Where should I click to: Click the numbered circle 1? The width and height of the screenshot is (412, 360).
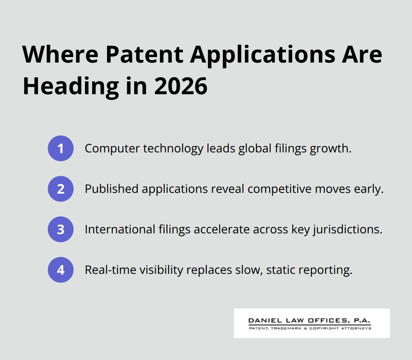pyautogui.click(x=61, y=148)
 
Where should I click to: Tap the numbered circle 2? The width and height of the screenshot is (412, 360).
pyautogui.click(x=61, y=189)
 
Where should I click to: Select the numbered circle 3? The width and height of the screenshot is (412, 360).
pyautogui.click(x=61, y=229)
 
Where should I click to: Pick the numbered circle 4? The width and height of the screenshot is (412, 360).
pyautogui.click(x=61, y=270)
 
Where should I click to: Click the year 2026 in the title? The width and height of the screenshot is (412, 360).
pyautogui.click(x=181, y=87)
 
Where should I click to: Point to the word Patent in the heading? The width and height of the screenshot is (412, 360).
pyautogui.click(x=145, y=54)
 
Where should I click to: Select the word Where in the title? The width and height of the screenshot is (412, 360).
pyautogui.click(x=60, y=54)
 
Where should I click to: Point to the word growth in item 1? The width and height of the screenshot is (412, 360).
pyautogui.click(x=333, y=149)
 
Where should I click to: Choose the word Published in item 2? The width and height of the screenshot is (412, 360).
pyautogui.click(x=111, y=189)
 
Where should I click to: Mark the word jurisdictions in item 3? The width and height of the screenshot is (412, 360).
pyautogui.click(x=353, y=230)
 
